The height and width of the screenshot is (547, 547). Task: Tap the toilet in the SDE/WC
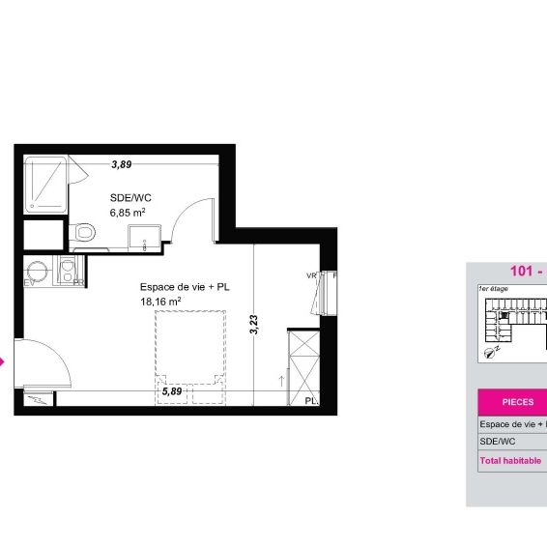[x=83, y=232]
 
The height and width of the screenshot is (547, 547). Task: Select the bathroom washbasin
[x=147, y=234]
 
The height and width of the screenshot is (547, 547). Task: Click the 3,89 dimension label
[x=121, y=164]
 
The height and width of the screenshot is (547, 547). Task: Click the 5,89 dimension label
[x=170, y=391]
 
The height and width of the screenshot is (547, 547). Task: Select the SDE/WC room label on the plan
[x=130, y=197]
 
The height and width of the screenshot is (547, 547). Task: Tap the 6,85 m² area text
[x=127, y=212]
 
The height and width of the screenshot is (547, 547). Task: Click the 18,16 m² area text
[x=160, y=301]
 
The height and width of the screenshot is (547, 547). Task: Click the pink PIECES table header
[x=512, y=401]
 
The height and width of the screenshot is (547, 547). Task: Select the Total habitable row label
[x=510, y=461]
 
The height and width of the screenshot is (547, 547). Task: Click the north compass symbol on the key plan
[x=494, y=354]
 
